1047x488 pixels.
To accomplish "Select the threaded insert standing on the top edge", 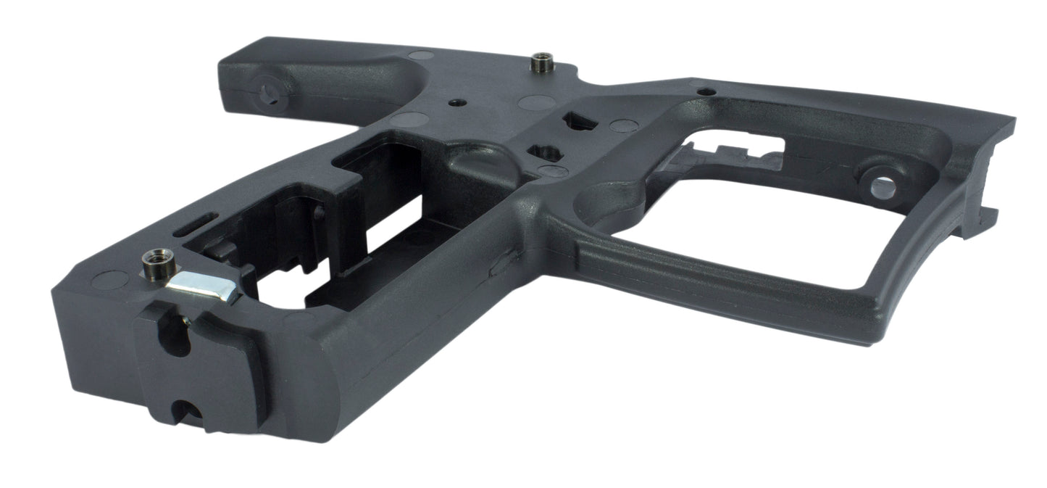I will (x=541, y=62).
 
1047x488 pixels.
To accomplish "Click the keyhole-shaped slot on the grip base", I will (x=178, y=337).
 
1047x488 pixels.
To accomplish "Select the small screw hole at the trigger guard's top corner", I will (x=705, y=91).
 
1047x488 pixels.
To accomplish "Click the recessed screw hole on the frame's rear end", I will (x=269, y=93).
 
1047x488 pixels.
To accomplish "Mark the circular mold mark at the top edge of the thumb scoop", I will (x=421, y=54).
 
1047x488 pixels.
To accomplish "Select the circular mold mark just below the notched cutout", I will (x=554, y=172).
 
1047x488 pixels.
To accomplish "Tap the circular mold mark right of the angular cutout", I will (x=622, y=125).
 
